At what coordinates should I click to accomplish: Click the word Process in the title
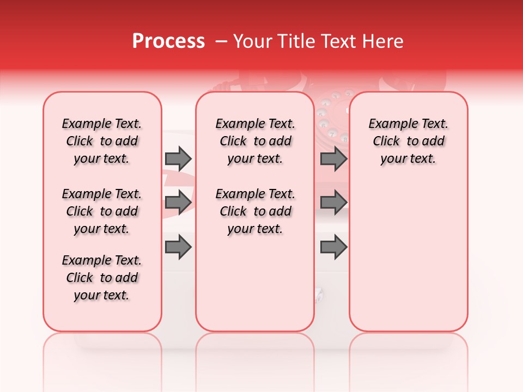pos(168,41)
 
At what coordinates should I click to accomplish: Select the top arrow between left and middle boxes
pos(178,159)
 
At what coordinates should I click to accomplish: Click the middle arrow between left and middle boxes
pos(178,203)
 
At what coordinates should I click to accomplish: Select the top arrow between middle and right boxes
pos(333,159)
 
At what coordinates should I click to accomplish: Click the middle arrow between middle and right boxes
pos(333,203)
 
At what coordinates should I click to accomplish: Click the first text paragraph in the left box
pos(102,141)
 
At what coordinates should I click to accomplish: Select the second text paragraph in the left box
pos(102,211)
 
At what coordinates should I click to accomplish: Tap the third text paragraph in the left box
pos(102,278)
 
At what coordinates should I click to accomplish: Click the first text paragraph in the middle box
pos(256,141)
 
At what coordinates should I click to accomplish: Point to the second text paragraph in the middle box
pos(256,211)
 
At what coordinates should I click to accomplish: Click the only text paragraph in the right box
pos(409,141)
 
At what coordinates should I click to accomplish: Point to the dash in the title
pos(221,41)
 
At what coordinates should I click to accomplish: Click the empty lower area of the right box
pos(409,256)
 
